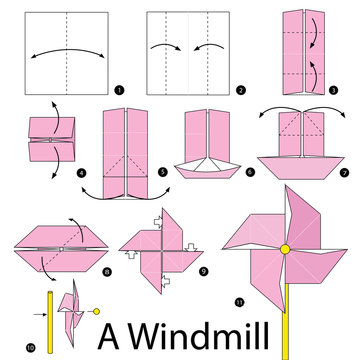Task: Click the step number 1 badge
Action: [x=120, y=90]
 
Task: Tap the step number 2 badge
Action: [x=241, y=90]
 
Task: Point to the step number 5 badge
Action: [x=162, y=172]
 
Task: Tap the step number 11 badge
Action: [x=238, y=301]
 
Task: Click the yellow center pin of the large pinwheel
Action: [x=285, y=248]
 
